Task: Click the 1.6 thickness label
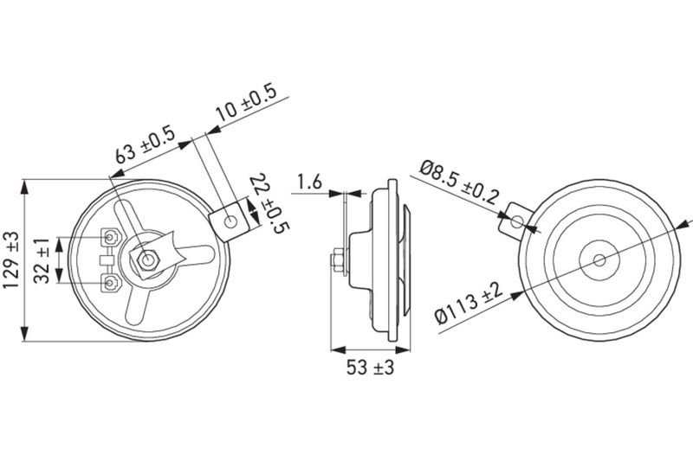point(309,182)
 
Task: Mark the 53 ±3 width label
point(371,368)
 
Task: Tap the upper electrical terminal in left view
point(111,236)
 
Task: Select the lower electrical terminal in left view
point(111,282)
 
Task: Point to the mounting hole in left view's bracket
point(230,220)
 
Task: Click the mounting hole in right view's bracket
point(516,221)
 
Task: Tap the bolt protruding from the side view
point(336,259)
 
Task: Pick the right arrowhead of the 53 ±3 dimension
point(405,350)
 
